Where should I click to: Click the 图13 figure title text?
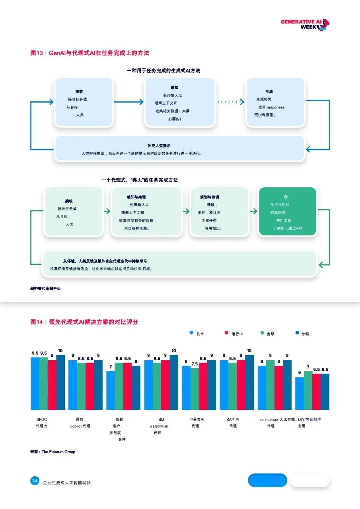click(x=90, y=53)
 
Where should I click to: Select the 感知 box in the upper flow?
click(x=180, y=103)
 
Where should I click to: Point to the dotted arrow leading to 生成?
click(x=231, y=102)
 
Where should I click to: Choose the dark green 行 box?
click(x=287, y=212)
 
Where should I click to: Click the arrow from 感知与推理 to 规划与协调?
click(x=186, y=212)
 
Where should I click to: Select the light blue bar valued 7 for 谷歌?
click(x=111, y=390)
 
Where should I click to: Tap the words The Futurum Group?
click(x=58, y=452)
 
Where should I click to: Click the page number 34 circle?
click(x=35, y=481)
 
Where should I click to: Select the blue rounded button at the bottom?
click(x=267, y=480)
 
